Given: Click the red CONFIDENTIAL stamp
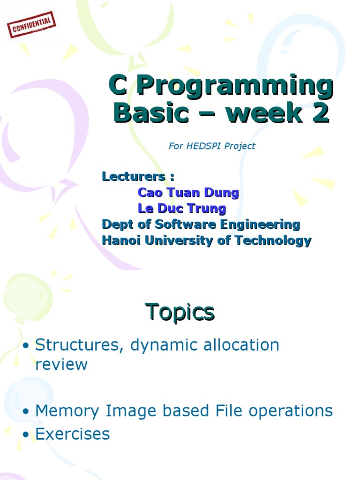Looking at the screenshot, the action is [31, 24].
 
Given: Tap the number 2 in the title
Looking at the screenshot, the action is [321, 112].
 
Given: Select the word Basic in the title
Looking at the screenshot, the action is [151, 112].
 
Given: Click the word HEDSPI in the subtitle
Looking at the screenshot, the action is [203, 146].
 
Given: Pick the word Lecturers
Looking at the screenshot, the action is [134, 176].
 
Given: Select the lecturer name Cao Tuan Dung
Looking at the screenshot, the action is [188, 193].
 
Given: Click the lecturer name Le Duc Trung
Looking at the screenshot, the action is [182, 209].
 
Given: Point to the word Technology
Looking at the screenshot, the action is [273, 241].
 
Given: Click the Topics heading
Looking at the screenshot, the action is [180, 312].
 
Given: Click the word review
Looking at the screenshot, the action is [61, 364].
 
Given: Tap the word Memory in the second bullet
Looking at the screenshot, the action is [67, 411].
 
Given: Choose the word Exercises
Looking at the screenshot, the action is [73, 434].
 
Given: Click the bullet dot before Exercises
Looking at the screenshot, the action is [26, 435].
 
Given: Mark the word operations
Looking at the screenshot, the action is [291, 411].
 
